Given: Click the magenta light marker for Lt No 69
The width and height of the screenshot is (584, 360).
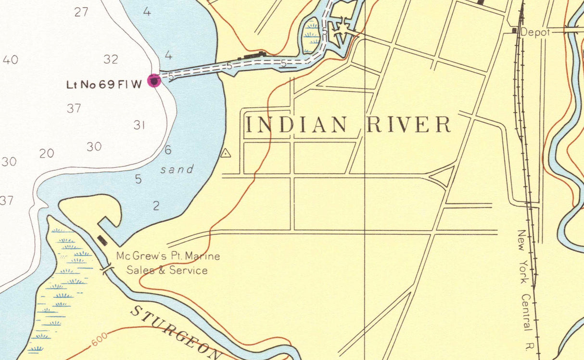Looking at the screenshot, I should (x=154, y=80).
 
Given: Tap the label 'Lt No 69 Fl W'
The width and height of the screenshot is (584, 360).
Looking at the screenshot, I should (x=104, y=85).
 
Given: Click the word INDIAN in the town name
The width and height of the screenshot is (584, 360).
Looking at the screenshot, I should (x=296, y=125).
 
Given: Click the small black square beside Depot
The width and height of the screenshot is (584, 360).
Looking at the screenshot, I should (x=514, y=31).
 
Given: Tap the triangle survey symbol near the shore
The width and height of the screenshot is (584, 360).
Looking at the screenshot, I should (x=225, y=154).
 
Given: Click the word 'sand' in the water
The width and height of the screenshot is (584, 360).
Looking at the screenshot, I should (x=177, y=169).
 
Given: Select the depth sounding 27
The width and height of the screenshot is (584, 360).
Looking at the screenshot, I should (x=81, y=12).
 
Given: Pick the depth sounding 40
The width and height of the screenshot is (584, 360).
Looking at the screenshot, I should (x=10, y=60).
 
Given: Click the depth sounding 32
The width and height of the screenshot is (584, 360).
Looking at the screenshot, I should (x=111, y=59).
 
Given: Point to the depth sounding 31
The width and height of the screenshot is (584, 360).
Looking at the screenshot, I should (x=140, y=125).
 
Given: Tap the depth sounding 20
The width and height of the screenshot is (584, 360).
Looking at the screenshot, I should (x=47, y=154).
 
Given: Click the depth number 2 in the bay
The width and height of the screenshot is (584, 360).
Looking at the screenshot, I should (x=156, y=206).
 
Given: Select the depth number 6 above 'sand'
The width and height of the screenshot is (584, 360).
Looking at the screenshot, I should (x=168, y=150).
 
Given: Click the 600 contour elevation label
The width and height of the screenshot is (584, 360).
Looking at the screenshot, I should (x=99, y=341).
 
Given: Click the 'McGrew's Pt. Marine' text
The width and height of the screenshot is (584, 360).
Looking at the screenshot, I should (x=168, y=256).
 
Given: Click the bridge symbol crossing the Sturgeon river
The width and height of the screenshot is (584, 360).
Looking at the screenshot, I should (x=107, y=268).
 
